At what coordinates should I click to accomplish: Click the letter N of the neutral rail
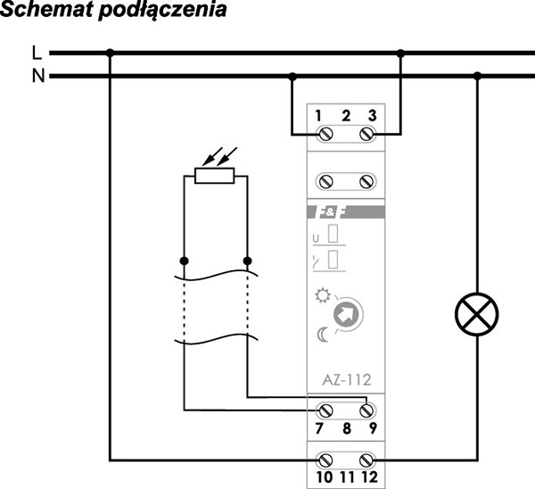[37, 76]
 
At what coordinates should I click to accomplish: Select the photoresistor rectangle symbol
[214, 176]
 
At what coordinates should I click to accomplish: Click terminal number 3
[372, 115]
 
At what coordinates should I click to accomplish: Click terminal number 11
[346, 477]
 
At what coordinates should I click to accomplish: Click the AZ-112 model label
[344, 379]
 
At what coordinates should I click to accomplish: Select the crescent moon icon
[320, 335]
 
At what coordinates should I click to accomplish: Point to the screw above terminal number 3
[366, 134]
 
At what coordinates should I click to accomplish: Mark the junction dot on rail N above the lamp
[477, 77]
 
